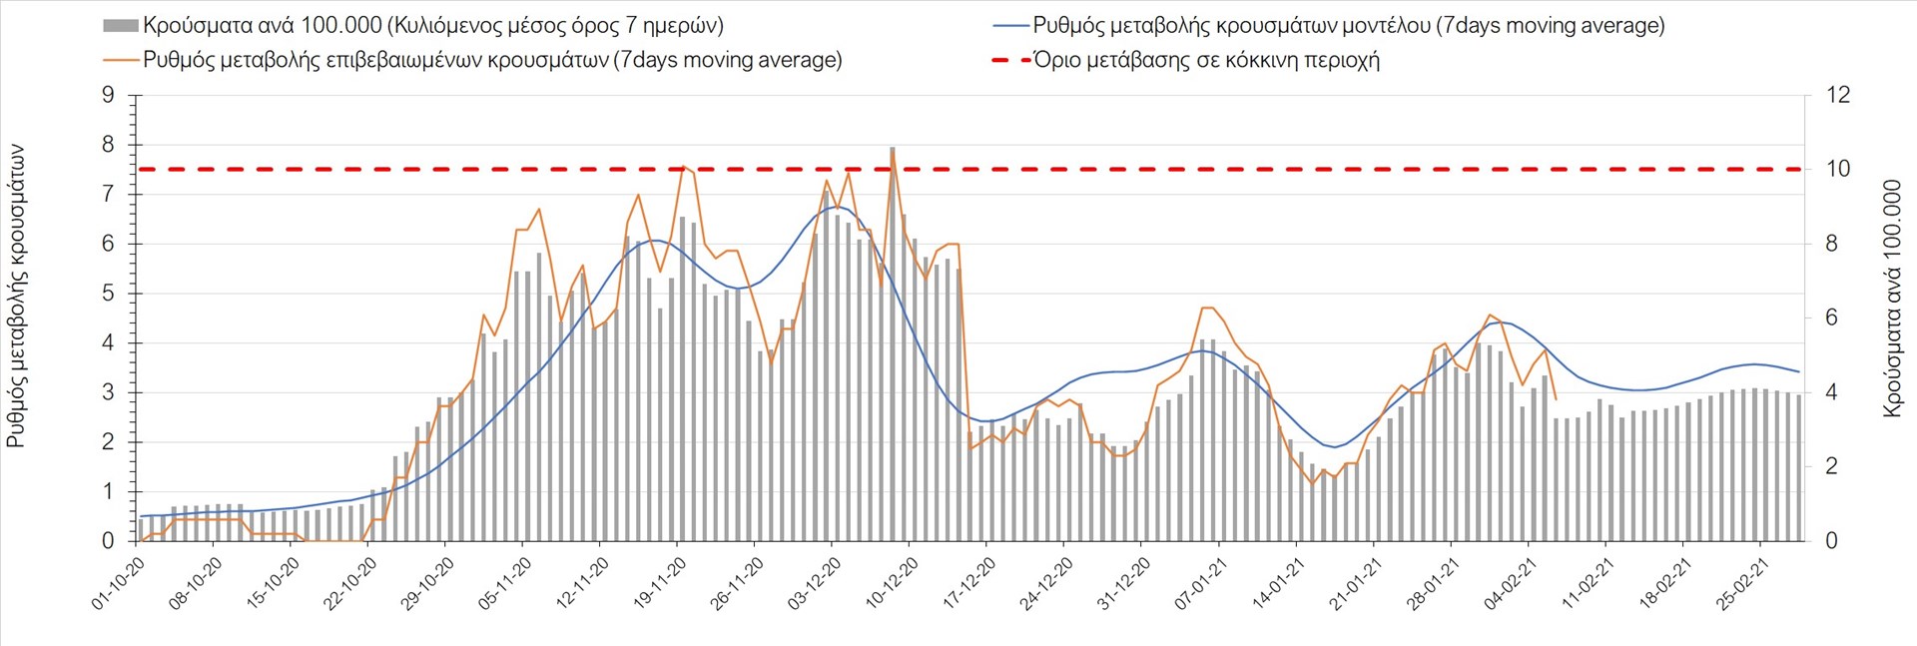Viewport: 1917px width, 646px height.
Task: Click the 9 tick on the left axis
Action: click(x=109, y=96)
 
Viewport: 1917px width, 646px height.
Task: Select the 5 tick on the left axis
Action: click(x=109, y=294)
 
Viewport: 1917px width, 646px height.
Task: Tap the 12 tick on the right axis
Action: click(x=1838, y=96)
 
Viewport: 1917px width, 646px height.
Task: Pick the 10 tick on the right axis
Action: click(x=1838, y=170)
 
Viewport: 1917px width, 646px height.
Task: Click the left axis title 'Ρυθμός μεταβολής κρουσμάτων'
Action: click(x=17, y=295)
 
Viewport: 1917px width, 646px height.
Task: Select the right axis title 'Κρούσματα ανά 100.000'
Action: click(x=1892, y=298)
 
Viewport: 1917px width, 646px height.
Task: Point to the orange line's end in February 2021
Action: click(x=1556, y=399)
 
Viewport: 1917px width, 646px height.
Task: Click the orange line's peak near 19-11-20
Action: click(x=683, y=167)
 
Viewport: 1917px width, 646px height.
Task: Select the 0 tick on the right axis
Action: click(x=1831, y=541)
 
